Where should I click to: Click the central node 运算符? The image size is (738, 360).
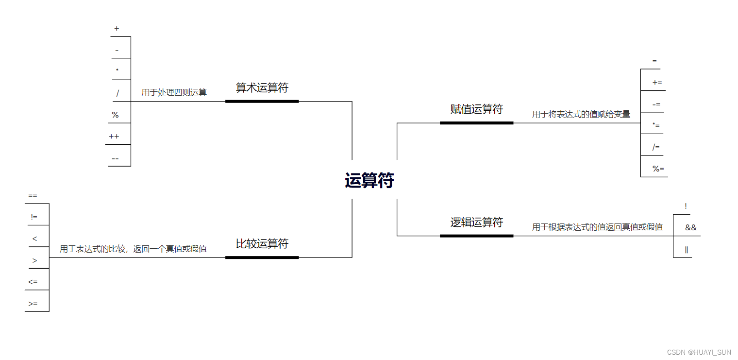coord(369,181)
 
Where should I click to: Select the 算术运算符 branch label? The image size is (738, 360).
coord(262,88)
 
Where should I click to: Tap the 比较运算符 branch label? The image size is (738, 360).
coord(262,244)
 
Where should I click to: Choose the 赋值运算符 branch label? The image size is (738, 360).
coord(476,109)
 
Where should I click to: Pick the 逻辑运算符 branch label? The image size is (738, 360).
coord(476,223)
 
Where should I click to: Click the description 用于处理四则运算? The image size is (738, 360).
coord(174,92)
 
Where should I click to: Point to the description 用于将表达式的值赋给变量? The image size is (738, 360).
coord(581,114)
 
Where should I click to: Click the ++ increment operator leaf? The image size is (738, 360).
coord(114,137)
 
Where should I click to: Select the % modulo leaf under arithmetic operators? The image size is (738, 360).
coord(115,115)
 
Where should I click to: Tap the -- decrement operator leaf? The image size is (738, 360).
coord(115,158)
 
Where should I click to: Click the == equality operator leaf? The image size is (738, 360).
coord(33,196)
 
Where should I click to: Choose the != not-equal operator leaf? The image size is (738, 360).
coord(34,217)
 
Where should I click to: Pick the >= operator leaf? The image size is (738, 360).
coord(33,304)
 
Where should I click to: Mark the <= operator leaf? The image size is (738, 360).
coord(33,282)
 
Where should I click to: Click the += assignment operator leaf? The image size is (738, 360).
coord(657,83)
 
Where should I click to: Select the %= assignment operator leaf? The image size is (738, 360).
coord(658,169)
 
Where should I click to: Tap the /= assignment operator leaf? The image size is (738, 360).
coord(656,147)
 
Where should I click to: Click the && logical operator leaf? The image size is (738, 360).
coord(690,227)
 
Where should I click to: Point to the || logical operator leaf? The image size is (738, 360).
coord(687,250)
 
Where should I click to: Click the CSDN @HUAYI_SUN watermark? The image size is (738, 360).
coord(699,352)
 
